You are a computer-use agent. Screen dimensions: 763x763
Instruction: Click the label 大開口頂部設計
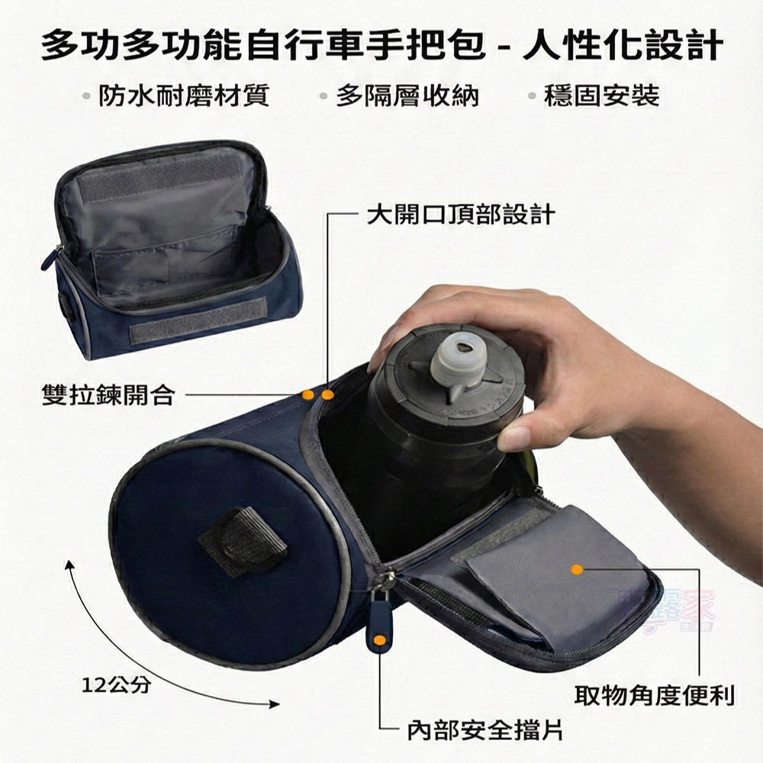tap(459, 215)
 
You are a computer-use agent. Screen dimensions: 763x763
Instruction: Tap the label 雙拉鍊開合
tap(108, 395)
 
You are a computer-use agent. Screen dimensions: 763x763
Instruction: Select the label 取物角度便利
tap(654, 695)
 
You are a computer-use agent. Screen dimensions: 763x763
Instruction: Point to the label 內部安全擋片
tap(485, 730)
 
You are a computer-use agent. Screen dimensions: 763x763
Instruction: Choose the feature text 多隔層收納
tap(407, 96)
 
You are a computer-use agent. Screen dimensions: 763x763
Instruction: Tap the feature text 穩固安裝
tap(602, 96)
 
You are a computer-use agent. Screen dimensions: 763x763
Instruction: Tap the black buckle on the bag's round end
tap(243, 541)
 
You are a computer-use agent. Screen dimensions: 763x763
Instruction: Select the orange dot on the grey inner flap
tap(577, 569)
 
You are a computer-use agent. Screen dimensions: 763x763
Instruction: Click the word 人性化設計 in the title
tap(622, 46)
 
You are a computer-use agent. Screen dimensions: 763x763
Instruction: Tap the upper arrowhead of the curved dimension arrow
tap(69, 563)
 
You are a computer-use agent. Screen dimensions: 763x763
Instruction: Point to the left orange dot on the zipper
tap(307, 394)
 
